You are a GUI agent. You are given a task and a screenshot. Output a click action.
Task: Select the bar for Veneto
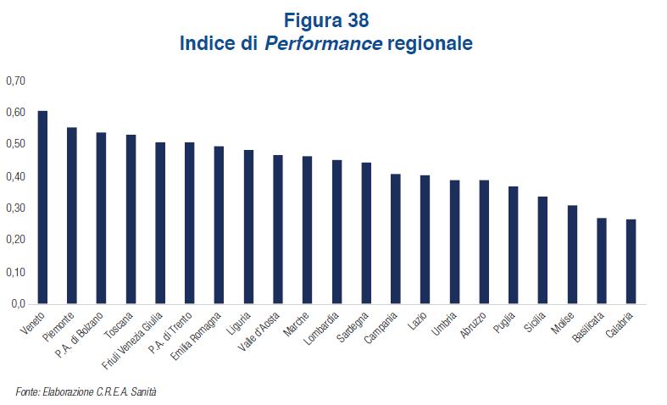[x=42, y=208]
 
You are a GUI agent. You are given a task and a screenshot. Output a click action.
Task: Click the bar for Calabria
[x=631, y=262]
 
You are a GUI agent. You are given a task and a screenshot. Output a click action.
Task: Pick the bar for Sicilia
[x=543, y=251]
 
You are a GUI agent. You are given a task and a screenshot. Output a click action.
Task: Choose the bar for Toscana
[x=131, y=219]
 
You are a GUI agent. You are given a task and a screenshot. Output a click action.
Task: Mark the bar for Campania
[x=396, y=239]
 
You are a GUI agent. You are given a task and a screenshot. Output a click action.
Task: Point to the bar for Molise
[x=572, y=255]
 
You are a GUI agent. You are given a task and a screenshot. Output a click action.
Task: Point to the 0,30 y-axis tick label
[x=16, y=208]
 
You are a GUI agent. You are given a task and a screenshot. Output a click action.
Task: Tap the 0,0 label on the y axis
[x=19, y=303]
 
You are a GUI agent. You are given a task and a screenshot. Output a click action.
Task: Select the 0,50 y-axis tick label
[x=16, y=145]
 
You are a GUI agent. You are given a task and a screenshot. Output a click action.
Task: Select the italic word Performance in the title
[x=322, y=42]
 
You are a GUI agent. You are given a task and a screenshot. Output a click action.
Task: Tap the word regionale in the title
[x=429, y=42]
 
